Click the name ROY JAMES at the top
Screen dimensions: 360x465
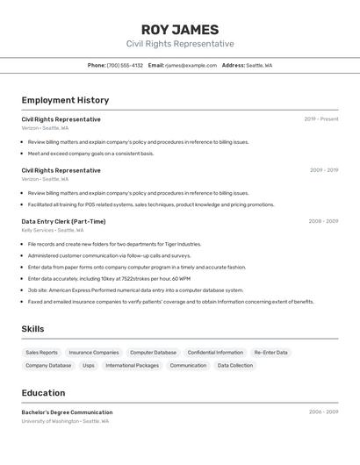point(180,30)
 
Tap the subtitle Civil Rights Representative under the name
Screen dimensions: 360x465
point(180,44)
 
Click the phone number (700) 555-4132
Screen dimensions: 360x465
point(125,65)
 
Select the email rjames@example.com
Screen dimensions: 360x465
point(191,65)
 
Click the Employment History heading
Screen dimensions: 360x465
point(65,100)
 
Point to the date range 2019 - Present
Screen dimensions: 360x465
point(321,119)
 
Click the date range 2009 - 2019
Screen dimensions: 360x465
point(323,170)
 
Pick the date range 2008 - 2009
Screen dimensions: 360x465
point(323,221)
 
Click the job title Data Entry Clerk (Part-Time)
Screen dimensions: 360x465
point(63,221)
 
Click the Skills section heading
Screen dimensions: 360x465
point(33,329)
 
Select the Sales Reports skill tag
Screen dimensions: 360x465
point(42,353)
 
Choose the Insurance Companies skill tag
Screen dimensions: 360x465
point(94,353)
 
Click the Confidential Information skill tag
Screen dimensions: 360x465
point(215,353)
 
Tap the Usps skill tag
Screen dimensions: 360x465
point(89,365)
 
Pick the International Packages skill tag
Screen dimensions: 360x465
point(133,365)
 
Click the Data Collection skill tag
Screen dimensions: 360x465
point(235,365)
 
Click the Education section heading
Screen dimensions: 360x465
point(43,393)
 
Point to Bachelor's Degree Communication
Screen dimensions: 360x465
point(67,412)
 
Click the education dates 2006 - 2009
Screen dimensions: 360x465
point(323,411)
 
